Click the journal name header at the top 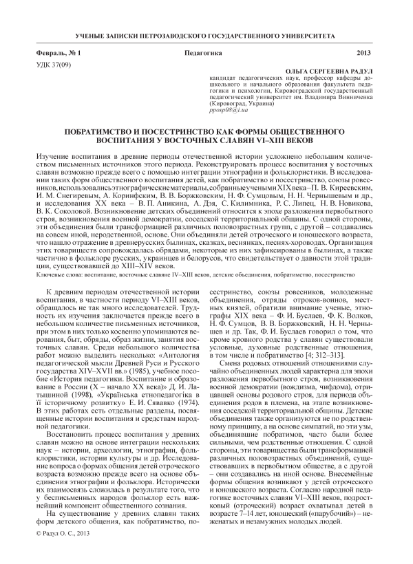click(206, 34)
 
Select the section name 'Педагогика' click(204, 53)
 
